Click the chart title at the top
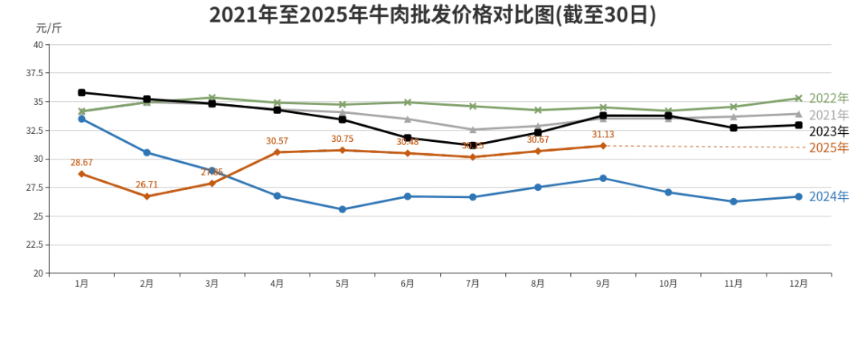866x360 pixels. [433, 15]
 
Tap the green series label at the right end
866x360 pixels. [828, 99]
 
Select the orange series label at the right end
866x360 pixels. [828, 147]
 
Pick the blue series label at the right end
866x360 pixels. [828, 195]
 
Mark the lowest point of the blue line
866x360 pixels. [342, 210]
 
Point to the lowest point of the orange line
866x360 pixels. [147, 196]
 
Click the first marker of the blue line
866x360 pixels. [81, 118]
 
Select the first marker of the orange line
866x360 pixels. [81, 172]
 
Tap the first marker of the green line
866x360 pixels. [81, 108]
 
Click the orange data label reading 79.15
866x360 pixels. [473, 146]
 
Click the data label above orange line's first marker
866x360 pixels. [81, 163]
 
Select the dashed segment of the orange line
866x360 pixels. [706, 147]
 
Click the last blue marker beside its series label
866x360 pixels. [799, 196]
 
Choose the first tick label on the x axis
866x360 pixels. [81, 282]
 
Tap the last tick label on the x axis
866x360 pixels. [799, 282]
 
